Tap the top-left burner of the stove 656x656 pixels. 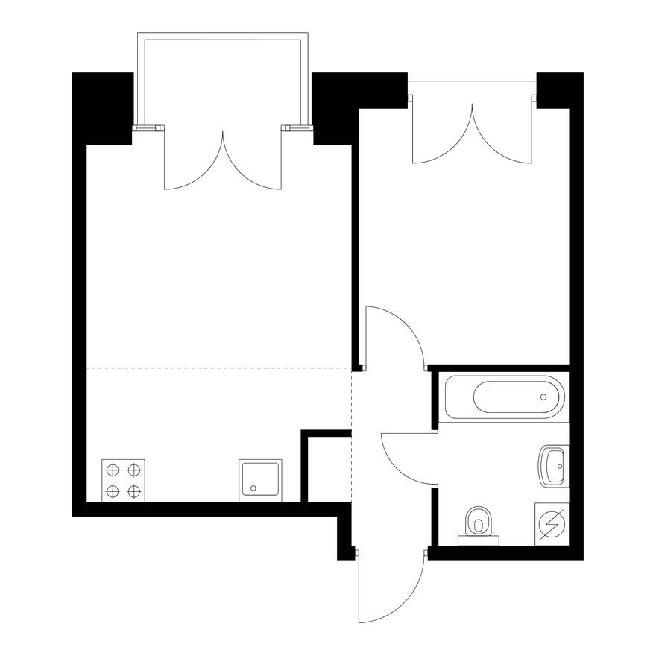(113, 470)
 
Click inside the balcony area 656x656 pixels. (222, 82)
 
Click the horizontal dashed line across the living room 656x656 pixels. (216, 368)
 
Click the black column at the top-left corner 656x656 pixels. (102, 104)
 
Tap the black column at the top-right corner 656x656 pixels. (558, 89)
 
